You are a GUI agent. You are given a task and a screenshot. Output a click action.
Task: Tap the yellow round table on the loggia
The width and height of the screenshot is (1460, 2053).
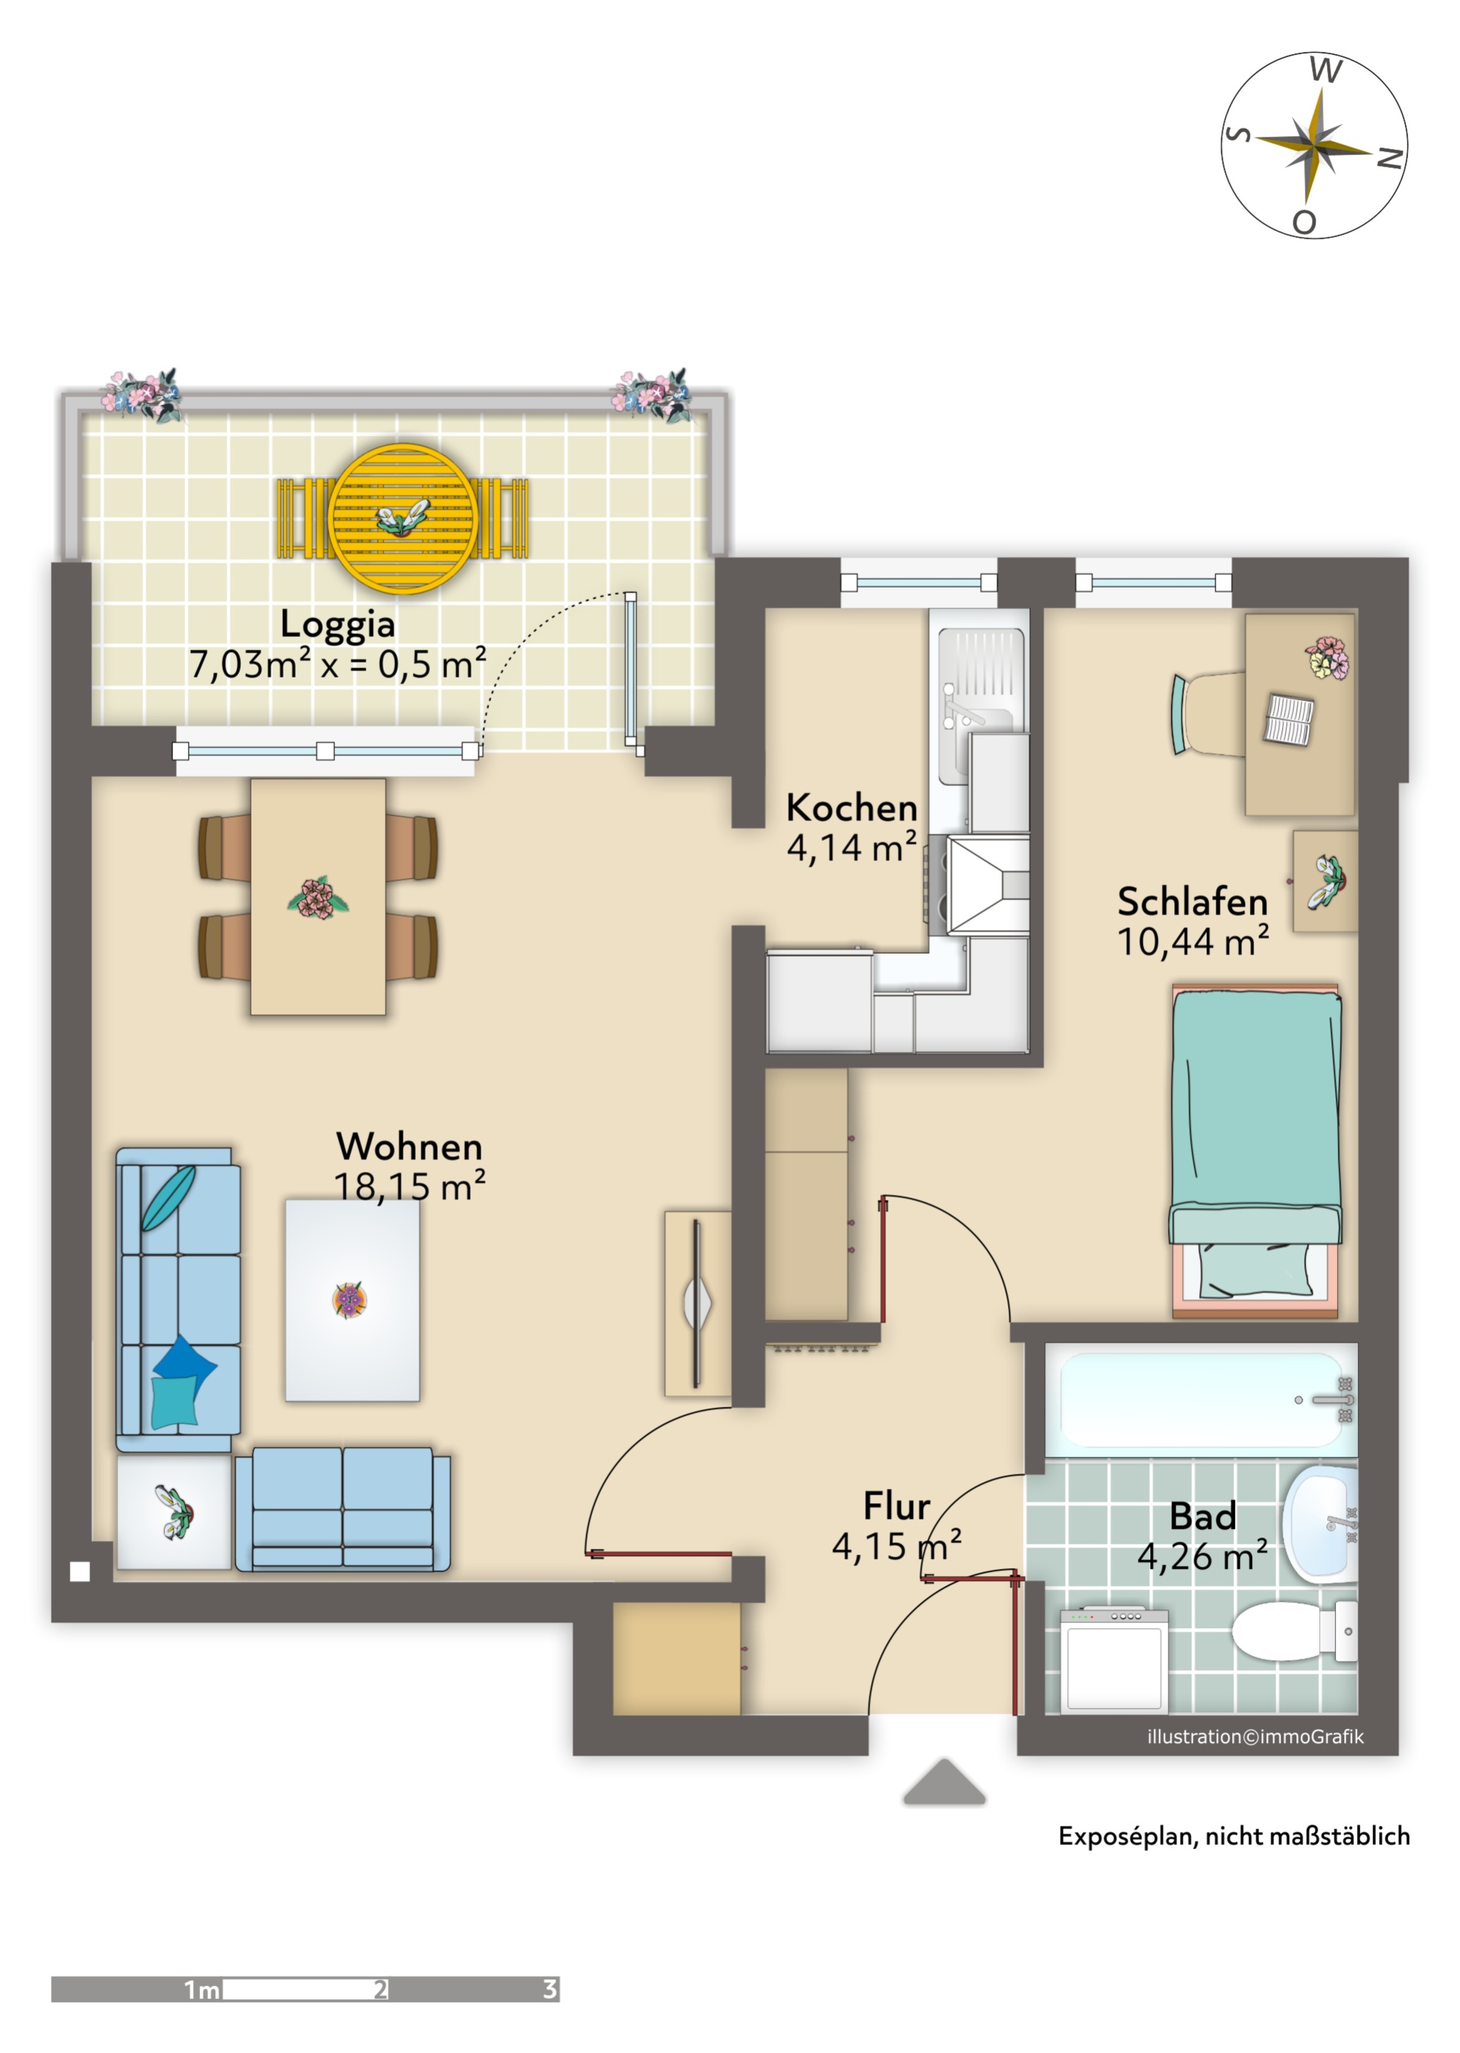[403, 519]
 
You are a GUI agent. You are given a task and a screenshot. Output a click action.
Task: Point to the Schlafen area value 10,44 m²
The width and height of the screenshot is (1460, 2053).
[1192, 941]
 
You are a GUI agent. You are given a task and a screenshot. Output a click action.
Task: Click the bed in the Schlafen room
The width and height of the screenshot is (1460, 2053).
[1256, 1151]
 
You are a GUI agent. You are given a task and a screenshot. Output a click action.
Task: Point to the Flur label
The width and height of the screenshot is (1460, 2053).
[897, 1506]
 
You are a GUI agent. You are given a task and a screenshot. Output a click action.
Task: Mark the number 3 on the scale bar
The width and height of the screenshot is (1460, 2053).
[549, 1989]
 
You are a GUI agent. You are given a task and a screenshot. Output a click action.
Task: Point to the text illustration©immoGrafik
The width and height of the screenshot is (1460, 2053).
[1255, 1736]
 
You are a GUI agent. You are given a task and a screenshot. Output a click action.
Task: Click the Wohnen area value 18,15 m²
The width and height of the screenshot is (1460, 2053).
[410, 1187]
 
